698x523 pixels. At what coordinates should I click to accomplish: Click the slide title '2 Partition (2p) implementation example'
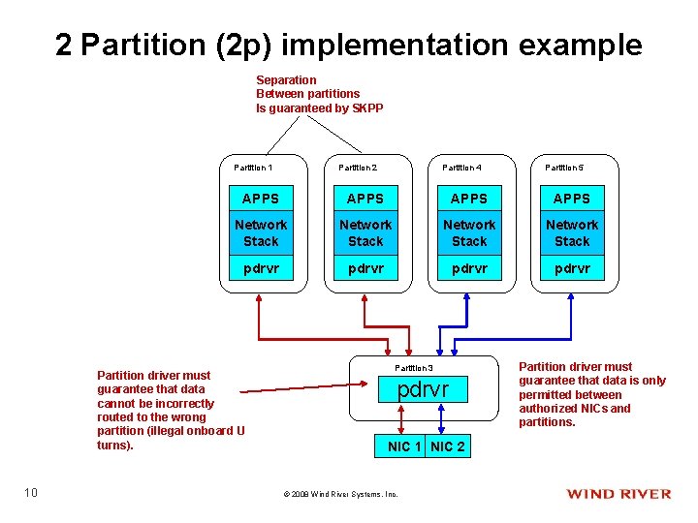point(349,45)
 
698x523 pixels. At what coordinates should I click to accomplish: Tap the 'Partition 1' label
point(253,168)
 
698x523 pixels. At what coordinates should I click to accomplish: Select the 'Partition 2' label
point(358,168)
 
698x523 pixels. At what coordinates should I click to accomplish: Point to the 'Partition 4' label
point(461,168)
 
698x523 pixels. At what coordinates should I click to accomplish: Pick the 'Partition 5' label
point(564,168)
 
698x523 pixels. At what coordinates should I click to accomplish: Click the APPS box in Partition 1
point(260,199)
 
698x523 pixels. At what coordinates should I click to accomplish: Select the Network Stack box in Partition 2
point(365,232)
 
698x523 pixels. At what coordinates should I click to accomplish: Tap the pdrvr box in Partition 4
point(469,268)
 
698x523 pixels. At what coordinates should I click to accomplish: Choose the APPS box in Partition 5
point(571,199)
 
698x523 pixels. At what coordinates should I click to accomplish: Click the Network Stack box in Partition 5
point(571,232)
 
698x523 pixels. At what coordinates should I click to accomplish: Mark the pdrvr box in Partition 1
point(260,268)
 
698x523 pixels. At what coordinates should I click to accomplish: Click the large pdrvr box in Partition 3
point(424,389)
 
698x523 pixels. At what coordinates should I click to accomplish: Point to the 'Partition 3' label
point(414,368)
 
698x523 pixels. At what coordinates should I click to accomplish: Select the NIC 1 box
point(404,446)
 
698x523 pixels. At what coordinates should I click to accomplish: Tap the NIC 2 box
point(447,446)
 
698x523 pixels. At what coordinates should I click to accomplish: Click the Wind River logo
point(619,494)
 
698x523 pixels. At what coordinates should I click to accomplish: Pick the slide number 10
point(31,494)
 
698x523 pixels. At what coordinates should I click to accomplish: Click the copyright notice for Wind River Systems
point(340,494)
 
